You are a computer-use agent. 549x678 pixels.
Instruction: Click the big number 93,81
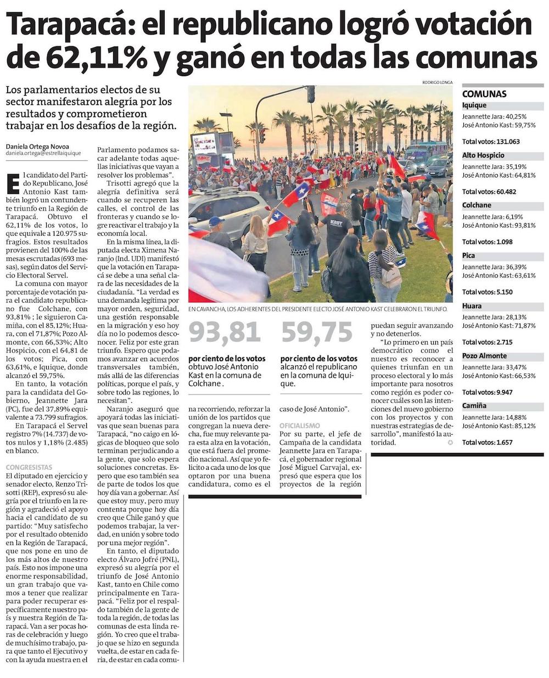225,332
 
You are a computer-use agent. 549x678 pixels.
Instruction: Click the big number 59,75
317,332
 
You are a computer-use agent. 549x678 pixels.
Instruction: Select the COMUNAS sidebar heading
484,94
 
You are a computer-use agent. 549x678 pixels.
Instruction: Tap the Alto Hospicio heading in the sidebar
483,155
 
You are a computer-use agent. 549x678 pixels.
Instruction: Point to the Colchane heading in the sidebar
477,205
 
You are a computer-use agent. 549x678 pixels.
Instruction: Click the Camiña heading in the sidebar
474,405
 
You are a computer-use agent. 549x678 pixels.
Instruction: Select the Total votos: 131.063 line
491,142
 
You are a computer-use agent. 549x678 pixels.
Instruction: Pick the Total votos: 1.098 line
487,242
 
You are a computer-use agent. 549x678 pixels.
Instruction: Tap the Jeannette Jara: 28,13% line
494,317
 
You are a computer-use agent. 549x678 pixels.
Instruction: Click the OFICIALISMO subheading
300,426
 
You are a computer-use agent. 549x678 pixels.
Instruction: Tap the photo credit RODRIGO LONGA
437,82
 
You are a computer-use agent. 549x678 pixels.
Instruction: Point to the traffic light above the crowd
311,94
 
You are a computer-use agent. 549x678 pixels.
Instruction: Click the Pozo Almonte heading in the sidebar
484,355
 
